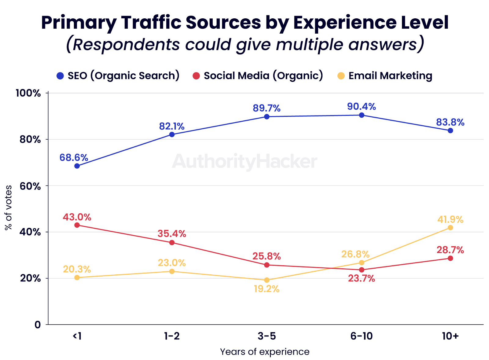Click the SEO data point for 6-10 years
click(362, 115)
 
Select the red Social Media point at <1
click(77, 225)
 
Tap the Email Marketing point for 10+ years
click(450, 228)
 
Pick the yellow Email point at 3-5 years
click(267, 280)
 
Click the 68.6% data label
click(74, 158)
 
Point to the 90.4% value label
click(362, 107)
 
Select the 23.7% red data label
click(362, 278)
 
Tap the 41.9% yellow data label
click(450, 219)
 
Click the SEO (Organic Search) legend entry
click(118, 76)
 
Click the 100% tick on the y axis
click(28, 93)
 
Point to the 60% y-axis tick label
click(30, 186)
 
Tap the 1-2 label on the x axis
click(172, 336)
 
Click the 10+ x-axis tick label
click(450, 336)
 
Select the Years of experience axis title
click(265, 352)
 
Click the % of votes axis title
click(9, 208)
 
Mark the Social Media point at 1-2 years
click(172, 243)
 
